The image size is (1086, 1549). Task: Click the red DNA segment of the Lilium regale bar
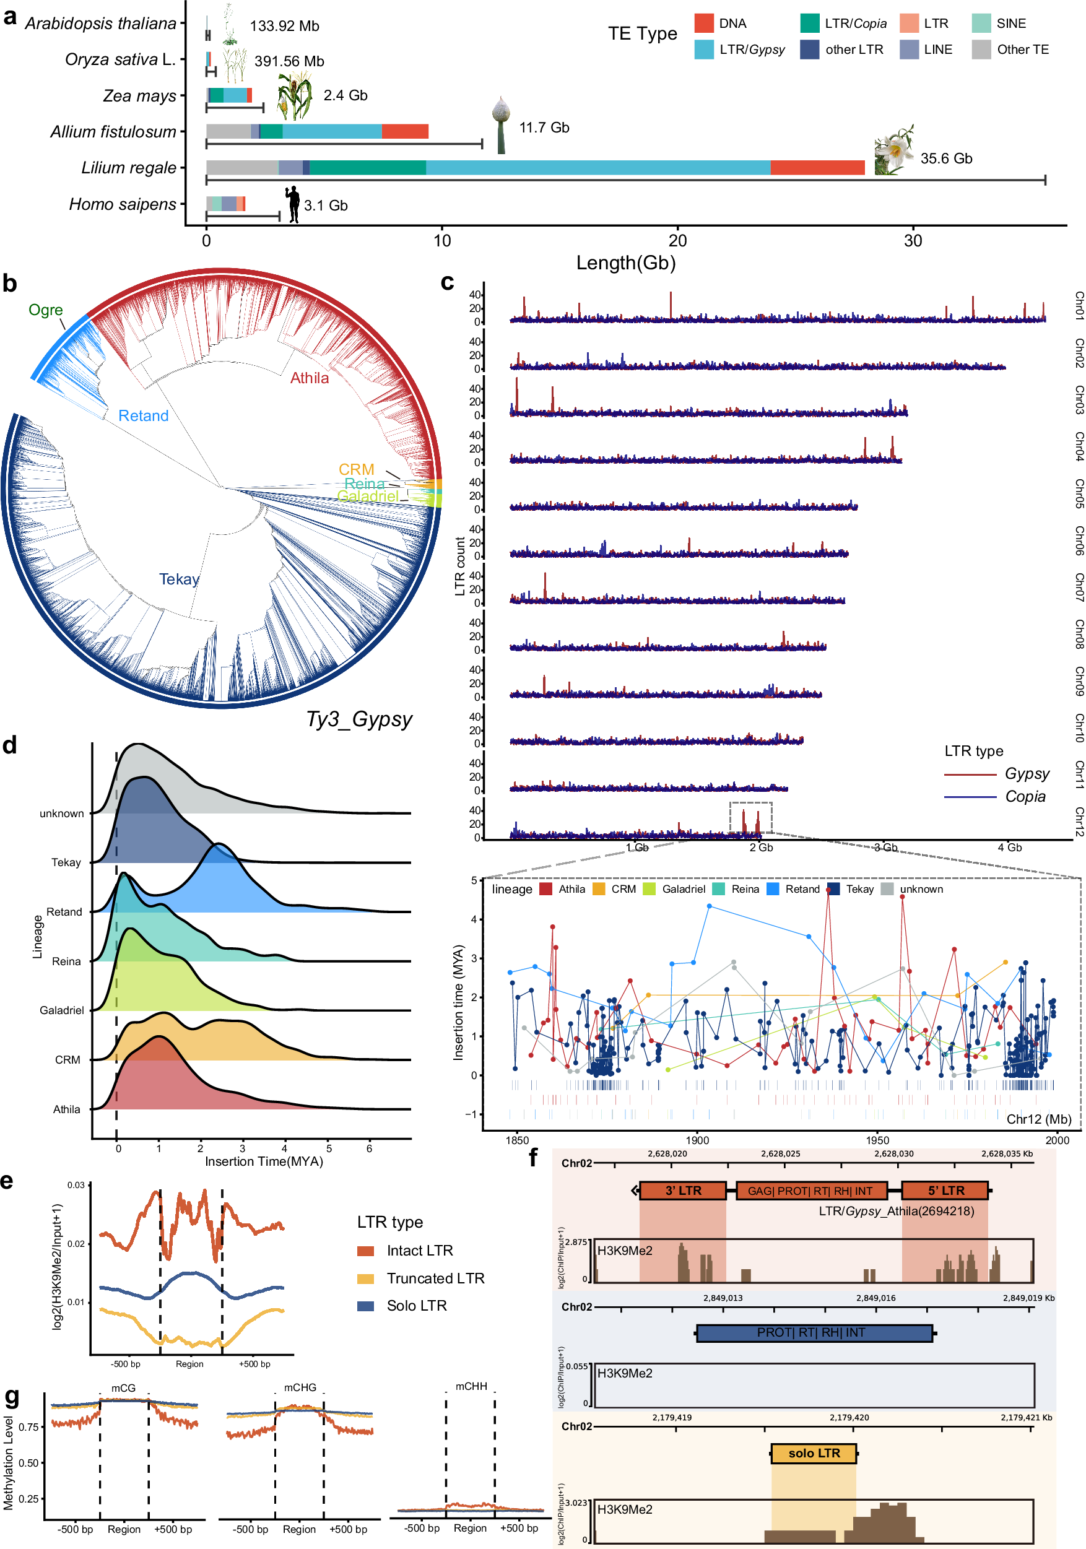(817, 167)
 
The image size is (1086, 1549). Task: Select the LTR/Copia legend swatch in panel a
(809, 24)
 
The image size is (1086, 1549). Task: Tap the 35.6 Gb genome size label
(945, 158)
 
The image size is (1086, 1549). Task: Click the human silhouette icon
(293, 204)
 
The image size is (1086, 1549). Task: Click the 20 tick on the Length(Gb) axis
(677, 241)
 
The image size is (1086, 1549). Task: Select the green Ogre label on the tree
(45, 310)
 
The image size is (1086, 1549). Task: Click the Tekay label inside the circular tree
(179, 579)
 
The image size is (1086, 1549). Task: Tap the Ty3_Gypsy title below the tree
(359, 719)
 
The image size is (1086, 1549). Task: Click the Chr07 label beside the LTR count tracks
(1079, 587)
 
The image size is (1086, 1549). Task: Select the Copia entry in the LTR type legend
(1025, 796)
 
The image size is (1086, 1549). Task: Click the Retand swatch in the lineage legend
(773, 889)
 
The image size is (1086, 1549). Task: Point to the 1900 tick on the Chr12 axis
(697, 1140)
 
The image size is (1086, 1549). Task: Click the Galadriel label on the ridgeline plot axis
(61, 1010)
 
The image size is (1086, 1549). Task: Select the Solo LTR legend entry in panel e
(415, 1306)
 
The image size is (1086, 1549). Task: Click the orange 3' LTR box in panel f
(683, 1191)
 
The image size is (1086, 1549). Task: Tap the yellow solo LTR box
(814, 1453)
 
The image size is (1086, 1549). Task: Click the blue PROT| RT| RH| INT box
(814, 1332)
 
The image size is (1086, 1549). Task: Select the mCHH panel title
(470, 1386)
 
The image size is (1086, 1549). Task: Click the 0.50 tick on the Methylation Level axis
(28, 1463)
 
